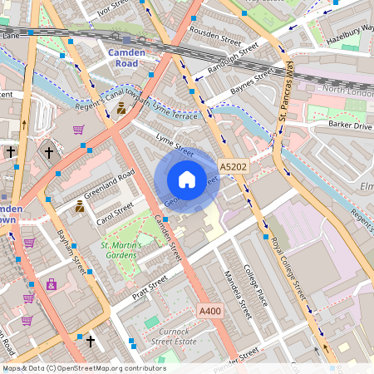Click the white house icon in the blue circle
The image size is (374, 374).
pos(187,179)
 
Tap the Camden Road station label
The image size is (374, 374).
pos(126,58)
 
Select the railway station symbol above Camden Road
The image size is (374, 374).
pos(126,40)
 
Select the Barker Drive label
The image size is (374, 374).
pos(350,125)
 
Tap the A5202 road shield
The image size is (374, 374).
pos(234,167)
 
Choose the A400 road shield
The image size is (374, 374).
pos(211,311)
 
